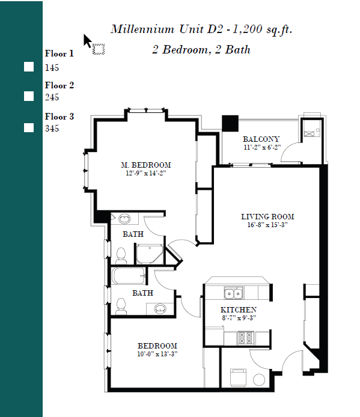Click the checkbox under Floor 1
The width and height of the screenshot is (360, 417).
tap(29, 67)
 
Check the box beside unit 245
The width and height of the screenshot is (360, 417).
tap(29, 96)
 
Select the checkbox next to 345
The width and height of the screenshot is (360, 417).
tap(29, 127)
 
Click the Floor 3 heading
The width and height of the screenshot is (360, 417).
tap(59, 117)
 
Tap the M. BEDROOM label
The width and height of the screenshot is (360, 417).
tap(145, 165)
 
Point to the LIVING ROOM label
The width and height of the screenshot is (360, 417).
tap(267, 217)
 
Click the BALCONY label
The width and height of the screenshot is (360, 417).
tap(261, 139)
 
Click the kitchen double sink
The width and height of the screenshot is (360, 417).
tap(233, 293)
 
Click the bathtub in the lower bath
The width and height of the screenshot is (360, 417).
tap(129, 276)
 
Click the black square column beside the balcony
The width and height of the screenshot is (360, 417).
tap(230, 123)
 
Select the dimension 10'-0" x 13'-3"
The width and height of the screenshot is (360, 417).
tap(157, 354)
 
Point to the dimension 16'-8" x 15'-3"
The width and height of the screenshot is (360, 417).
tap(267, 225)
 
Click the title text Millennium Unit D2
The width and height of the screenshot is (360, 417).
tap(169, 29)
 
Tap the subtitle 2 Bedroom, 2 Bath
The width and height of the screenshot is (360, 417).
tap(201, 50)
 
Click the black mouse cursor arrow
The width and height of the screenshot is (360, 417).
tap(87, 41)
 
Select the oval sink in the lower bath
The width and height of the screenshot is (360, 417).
tap(160, 309)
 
